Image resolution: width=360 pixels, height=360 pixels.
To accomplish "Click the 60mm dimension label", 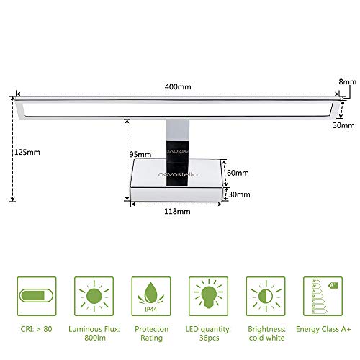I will click(238, 173).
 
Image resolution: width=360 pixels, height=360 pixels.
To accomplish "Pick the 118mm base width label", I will click(176, 212).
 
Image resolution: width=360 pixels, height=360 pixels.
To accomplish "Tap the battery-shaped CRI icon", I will click(36, 296).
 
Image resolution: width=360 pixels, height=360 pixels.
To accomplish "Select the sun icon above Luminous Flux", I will click(94, 296).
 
